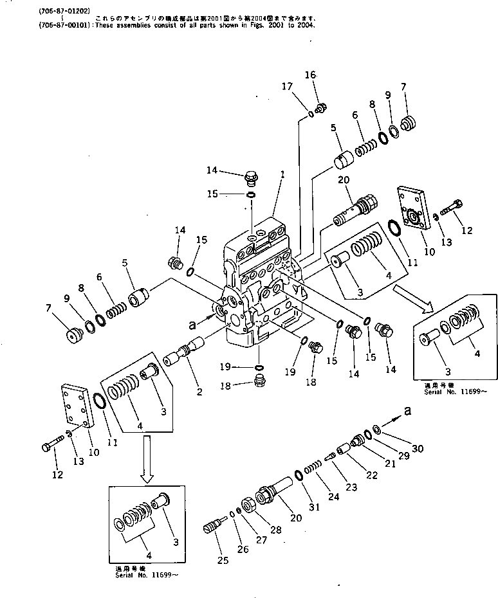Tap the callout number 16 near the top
(311, 76)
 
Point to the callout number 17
(287, 86)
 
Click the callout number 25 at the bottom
(223, 561)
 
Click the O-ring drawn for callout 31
(299, 476)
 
